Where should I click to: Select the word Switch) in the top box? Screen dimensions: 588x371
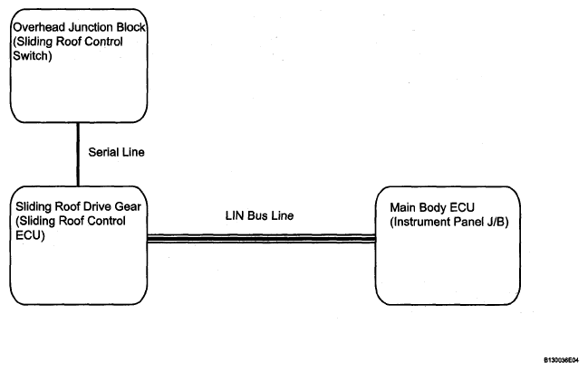pyautogui.click(x=33, y=56)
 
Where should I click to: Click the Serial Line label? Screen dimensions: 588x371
pyautogui.click(x=116, y=152)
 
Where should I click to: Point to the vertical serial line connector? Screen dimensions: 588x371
pyautogui.click(x=78, y=154)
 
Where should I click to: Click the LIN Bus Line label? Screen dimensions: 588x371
pyautogui.click(x=259, y=215)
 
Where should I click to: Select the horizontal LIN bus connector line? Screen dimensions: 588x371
pyautogui.click(x=261, y=239)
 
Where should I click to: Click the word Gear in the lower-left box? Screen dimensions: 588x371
pyautogui.click(x=129, y=206)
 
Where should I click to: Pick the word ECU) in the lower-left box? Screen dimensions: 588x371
pyautogui.click(x=30, y=235)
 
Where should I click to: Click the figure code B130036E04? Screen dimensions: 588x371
pyautogui.click(x=561, y=360)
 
